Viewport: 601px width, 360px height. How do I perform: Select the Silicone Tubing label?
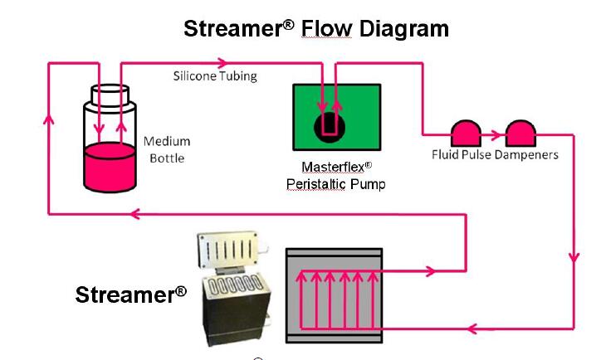pyautogui.click(x=215, y=76)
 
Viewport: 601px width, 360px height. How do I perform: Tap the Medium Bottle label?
pyautogui.click(x=167, y=149)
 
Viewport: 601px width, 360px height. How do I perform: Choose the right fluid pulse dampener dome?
pyautogui.click(x=520, y=131)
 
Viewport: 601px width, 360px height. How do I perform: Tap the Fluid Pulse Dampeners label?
pyautogui.click(x=495, y=154)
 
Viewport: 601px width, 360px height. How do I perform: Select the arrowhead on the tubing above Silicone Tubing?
pyautogui.click(x=222, y=62)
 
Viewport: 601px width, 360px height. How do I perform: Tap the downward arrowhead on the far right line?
pyautogui.click(x=573, y=258)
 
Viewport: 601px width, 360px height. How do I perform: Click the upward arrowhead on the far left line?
pyautogui.click(x=49, y=117)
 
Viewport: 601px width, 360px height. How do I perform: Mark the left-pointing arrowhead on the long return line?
pyautogui.click(x=134, y=214)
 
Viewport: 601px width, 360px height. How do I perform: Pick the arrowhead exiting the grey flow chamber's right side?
pyautogui.click(x=431, y=270)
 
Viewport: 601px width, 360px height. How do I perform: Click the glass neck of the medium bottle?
pyautogui.click(x=110, y=98)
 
